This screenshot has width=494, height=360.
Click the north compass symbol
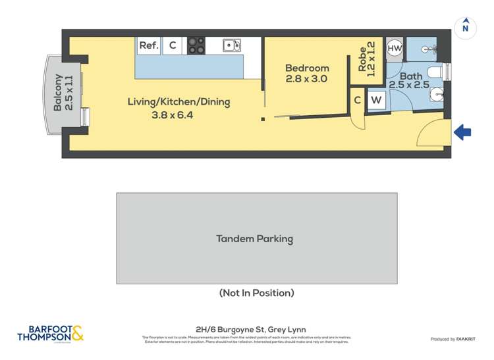pos(466,27)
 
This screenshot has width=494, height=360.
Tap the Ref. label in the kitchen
pos(148,45)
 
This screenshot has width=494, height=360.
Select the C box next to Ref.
pos(173,45)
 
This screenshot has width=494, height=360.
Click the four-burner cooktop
pos(196,45)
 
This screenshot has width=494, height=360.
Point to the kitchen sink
pos(231,45)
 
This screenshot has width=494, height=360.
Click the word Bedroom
pos(307,68)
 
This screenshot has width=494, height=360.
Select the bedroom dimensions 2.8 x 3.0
pos(307,79)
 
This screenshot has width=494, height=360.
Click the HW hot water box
pos(395,48)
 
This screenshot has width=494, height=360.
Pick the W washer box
pos(376,101)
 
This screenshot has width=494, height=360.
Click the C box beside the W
pos(357,100)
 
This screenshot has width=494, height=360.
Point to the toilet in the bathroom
pos(436,72)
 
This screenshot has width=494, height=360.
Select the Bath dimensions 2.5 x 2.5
pos(408,85)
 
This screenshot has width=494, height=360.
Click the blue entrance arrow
pos(462,132)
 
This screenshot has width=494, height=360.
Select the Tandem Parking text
pos(254,239)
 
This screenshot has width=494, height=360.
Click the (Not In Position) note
pos(256,293)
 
